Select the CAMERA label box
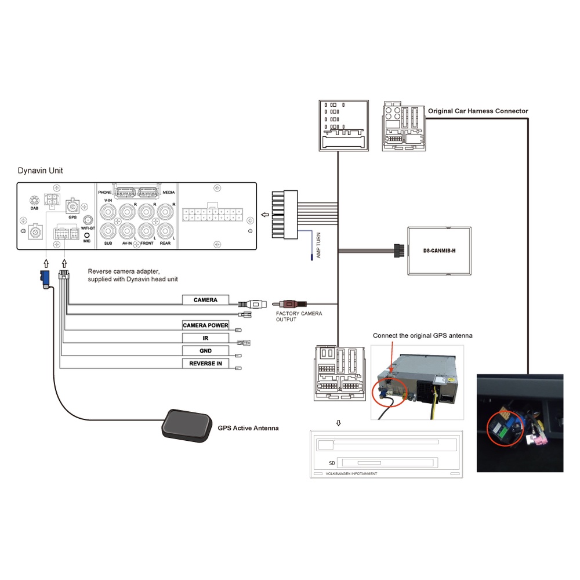click(x=205, y=300)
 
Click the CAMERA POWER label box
click(x=205, y=325)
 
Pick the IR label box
click(x=205, y=338)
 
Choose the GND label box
click(x=205, y=351)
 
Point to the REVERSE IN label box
click(x=205, y=364)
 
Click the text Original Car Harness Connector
click(x=478, y=111)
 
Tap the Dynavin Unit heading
click(x=41, y=171)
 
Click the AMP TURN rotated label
click(x=318, y=245)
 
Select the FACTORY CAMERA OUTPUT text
click(x=299, y=317)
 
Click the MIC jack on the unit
click(x=87, y=235)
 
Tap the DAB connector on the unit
click(x=34, y=200)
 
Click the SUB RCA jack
click(x=108, y=232)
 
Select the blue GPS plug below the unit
click(x=45, y=277)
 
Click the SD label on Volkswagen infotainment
click(x=331, y=463)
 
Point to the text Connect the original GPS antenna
click(x=422, y=336)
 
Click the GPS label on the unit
click(x=72, y=217)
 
